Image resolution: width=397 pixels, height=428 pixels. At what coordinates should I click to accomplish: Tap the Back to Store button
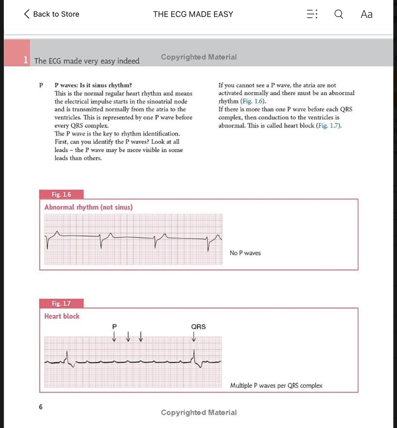click(52, 14)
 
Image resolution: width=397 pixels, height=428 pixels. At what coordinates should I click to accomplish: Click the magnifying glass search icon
click(338, 14)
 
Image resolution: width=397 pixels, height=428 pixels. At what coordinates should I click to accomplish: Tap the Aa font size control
click(366, 14)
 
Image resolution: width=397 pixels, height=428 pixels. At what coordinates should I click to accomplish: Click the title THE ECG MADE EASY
click(193, 14)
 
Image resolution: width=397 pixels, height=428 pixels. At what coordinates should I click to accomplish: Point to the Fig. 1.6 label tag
click(61, 194)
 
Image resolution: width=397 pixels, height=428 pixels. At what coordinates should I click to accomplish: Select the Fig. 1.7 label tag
click(61, 303)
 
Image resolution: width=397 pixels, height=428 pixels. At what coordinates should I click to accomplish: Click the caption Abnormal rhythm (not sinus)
click(89, 207)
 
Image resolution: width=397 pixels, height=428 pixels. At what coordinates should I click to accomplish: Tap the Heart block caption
click(62, 316)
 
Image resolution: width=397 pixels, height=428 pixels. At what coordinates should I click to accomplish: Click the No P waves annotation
click(245, 253)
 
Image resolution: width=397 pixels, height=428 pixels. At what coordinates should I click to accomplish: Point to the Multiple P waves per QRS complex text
click(276, 386)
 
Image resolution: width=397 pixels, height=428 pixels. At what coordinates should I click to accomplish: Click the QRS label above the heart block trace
click(198, 327)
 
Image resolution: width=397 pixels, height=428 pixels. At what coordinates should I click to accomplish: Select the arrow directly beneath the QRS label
click(194, 336)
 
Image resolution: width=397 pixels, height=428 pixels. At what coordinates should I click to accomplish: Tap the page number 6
click(41, 406)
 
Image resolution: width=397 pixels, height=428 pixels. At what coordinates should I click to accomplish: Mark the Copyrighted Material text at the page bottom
click(198, 413)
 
